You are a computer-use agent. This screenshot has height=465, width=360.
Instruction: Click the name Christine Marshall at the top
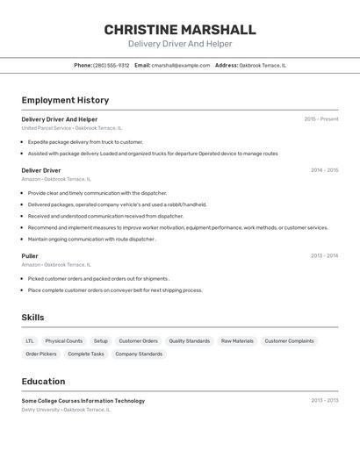click(180, 30)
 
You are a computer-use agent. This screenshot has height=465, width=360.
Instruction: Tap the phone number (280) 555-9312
click(112, 65)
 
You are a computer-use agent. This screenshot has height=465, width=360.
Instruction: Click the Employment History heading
click(65, 100)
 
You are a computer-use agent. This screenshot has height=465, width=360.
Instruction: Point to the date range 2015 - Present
click(321, 119)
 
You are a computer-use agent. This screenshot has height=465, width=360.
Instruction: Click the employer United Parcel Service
click(47, 128)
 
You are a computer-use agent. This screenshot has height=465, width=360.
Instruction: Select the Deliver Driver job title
click(41, 170)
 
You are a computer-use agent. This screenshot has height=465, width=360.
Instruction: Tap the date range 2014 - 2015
click(324, 170)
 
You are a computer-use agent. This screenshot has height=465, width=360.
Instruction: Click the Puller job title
click(30, 256)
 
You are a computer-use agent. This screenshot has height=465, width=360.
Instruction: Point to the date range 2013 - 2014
click(324, 256)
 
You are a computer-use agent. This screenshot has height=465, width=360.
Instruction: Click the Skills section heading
click(32, 318)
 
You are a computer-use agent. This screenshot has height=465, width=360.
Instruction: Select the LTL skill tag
click(30, 341)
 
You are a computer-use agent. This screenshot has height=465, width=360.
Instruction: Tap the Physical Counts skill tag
click(64, 341)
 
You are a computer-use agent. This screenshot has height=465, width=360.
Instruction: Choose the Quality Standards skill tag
click(190, 341)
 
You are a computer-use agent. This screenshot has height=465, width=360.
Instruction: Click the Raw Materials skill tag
click(237, 341)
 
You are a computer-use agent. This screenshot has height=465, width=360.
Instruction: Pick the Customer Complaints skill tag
click(289, 341)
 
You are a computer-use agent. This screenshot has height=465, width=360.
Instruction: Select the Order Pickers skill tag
click(41, 354)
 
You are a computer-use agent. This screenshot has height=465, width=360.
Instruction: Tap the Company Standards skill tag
click(139, 354)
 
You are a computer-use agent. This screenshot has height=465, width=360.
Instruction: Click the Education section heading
click(43, 382)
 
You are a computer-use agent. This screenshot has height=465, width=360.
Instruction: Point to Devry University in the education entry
click(40, 410)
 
